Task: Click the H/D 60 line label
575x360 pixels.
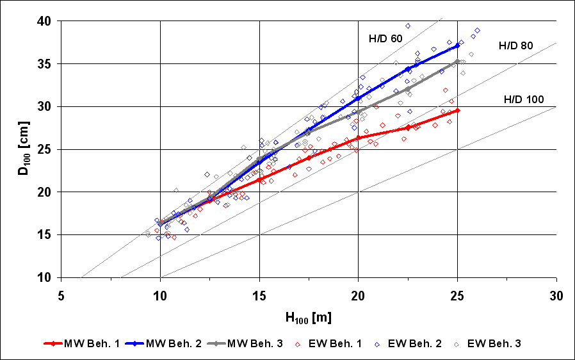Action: (385, 39)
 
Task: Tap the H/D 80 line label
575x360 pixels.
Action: (516, 45)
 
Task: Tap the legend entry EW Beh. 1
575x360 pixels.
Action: (333, 343)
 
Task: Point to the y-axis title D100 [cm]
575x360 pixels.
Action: (24, 149)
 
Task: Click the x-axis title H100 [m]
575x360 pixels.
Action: (309, 316)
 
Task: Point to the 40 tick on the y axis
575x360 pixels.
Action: (44, 20)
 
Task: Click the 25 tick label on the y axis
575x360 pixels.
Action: (44, 149)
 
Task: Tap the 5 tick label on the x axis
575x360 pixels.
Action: (61, 296)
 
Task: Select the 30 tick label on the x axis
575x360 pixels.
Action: (556, 296)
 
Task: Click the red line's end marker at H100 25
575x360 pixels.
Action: (457, 110)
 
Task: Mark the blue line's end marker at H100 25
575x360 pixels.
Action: (457, 45)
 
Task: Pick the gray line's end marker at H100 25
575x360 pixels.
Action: (457, 61)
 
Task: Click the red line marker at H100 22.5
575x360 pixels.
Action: (408, 127)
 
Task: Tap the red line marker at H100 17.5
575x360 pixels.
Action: (309, 158)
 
